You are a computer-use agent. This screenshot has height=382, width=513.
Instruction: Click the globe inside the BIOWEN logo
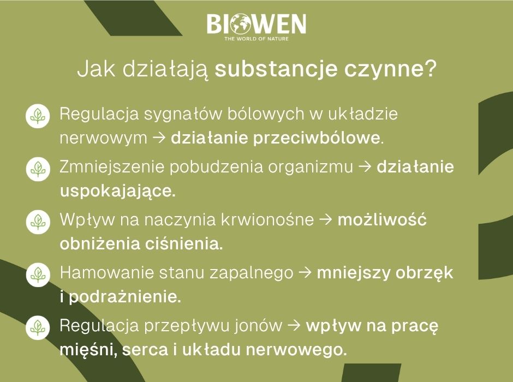pyautogui.click(x=240, y=25)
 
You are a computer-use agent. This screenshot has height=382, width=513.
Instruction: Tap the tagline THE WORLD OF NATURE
pyautogui.click(x=256, y=39)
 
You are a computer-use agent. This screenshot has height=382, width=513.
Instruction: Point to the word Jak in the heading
pyautogui.click(x=90, y=70)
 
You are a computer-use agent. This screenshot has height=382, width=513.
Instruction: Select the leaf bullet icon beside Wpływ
pyautogui.click(x=38, y=220)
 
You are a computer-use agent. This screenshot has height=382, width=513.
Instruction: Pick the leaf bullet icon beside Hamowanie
pyautogui.click(x=38, y=274)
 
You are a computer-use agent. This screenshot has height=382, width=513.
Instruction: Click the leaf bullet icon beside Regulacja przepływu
pyautogui.click(x=38, y=326)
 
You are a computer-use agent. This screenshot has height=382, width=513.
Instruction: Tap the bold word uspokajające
pyautogui.click(x=117, y=192)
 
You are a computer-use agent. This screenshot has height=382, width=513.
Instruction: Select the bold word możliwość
pyautogui.click(x=382, y=220)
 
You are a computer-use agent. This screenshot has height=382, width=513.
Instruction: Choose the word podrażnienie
pyautogui.click(x=123, y=297)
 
